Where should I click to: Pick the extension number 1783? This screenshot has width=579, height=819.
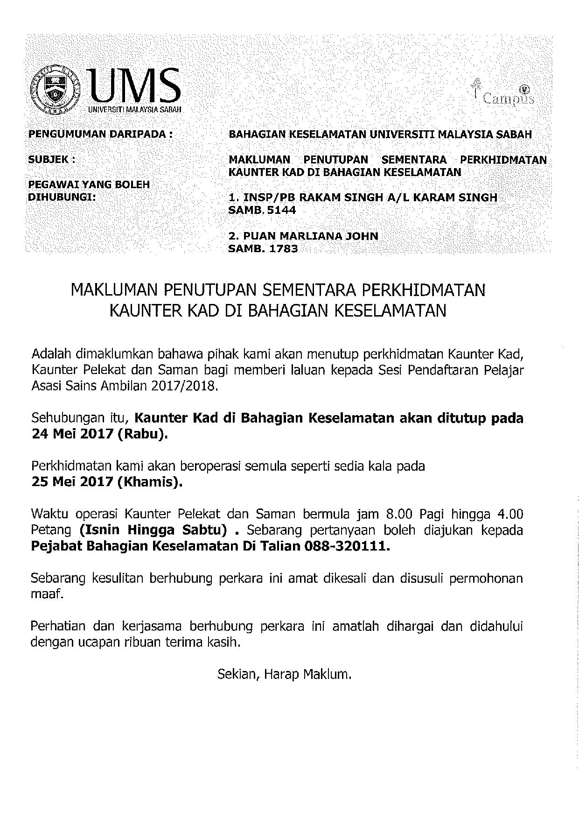[x=282, y=249]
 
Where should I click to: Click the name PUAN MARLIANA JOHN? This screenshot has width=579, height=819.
[x=303, y=236]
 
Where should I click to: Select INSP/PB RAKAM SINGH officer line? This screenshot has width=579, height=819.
[x=363, y=198]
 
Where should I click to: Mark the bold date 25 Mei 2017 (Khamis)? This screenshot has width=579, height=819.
[x=106, y=482]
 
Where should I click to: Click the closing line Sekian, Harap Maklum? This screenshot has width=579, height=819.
[x=284, y=674]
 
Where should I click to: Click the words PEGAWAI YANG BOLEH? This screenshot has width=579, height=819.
[x=90, y=184]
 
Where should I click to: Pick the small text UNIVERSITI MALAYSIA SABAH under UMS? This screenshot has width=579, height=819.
[x=134, y=110]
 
